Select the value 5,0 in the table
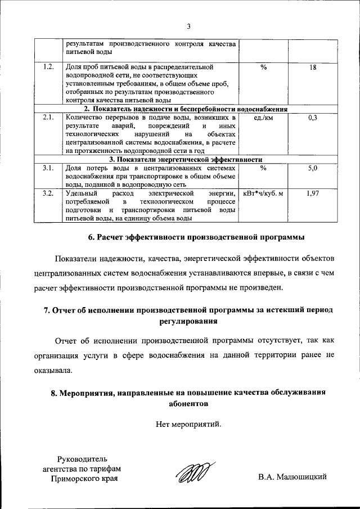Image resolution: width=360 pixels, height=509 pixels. coord(313,168)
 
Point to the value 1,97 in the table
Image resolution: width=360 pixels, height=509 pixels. coord(313,193)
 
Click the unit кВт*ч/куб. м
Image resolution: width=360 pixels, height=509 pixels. coord(263,193)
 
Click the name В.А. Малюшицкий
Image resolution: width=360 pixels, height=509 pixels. coord(292,478)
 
